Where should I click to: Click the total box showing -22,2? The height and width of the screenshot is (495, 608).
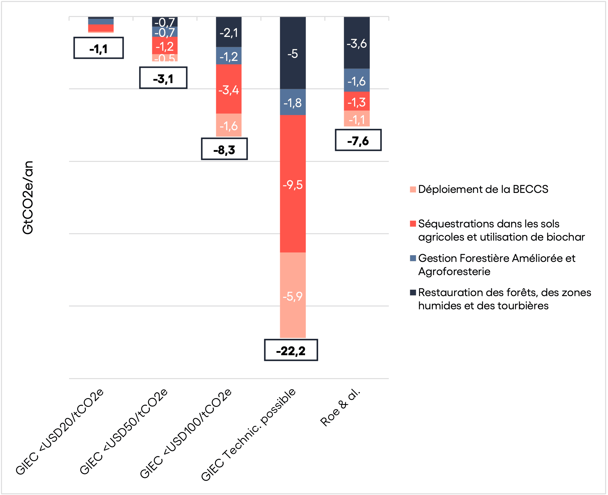291,350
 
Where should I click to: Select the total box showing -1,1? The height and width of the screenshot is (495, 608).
98,48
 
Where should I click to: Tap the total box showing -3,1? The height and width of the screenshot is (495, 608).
163,78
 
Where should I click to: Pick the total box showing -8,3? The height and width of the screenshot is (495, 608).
224,149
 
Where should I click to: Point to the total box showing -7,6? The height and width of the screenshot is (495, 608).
358,140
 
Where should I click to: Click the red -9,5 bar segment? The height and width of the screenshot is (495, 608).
293,184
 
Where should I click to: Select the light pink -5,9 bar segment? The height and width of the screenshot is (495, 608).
293,295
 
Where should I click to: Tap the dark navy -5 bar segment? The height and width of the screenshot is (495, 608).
293,53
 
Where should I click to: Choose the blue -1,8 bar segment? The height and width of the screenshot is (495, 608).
293,102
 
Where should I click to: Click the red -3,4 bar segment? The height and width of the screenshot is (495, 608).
229,89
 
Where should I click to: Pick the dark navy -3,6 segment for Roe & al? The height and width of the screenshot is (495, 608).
357,43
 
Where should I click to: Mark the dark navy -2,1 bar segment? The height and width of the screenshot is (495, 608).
229,32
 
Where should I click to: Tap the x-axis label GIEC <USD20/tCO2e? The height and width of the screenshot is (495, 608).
60,432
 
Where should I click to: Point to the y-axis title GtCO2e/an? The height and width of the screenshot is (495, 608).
28,197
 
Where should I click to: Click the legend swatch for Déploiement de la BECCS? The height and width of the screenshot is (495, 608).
413,190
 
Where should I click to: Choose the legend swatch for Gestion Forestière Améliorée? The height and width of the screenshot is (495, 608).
413,258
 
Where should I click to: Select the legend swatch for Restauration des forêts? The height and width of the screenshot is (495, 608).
413,292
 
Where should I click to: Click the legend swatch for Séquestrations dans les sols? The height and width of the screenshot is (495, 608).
413,224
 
